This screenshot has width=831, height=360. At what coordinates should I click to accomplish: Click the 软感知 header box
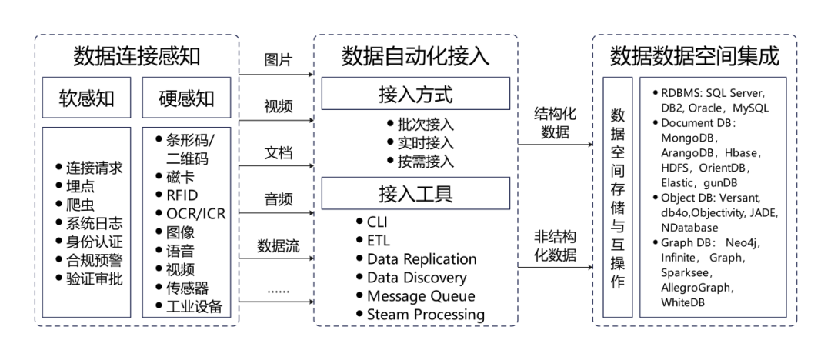tap(87, 98)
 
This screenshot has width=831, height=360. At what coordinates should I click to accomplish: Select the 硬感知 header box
tap(186, 98)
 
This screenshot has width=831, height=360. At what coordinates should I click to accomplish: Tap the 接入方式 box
tap(415, 94)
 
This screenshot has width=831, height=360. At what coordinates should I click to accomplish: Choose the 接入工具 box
tap(415, 193)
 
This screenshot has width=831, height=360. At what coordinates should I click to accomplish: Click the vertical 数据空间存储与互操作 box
tap(617, 197)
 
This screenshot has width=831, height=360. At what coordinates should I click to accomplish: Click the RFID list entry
tap(182, 195)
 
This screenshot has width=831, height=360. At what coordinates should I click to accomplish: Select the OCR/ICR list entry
tap(195, 213)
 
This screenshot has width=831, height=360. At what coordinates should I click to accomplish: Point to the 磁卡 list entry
tap(180, 177)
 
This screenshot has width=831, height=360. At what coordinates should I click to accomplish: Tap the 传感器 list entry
tap(187, 288)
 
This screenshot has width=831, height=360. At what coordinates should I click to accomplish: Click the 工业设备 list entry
tap(194, 307)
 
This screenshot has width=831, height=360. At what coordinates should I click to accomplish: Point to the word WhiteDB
tap(682, 302)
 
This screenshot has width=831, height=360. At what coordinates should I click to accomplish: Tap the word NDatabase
tap(689, 228)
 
